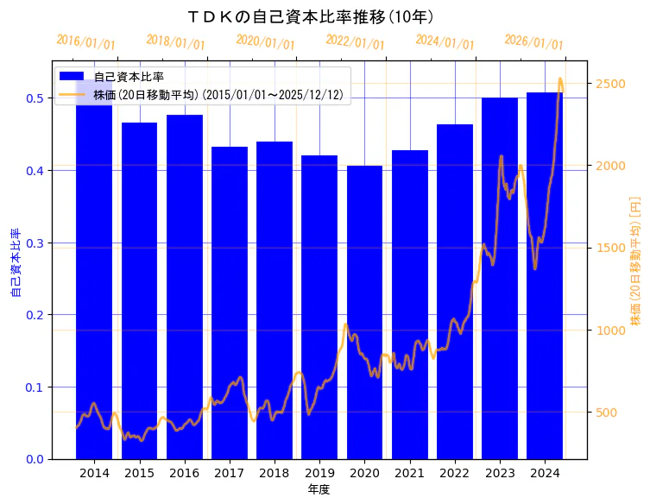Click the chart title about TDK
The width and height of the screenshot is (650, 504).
[311, 16]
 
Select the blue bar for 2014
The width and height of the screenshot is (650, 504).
[94, 276]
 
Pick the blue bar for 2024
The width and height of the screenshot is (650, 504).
[545, 276]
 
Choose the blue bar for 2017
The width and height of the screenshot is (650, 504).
[230, 302]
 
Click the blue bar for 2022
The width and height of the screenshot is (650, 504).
[455, 293]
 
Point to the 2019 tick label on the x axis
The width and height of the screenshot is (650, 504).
[319, 473]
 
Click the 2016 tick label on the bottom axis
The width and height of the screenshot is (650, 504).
[184, 473]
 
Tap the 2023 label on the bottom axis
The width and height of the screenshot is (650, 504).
[500, 473]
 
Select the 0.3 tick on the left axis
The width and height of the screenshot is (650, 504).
[35, 243]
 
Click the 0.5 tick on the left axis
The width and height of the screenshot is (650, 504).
[35, 98]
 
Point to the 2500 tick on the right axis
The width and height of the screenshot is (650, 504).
[609, 84]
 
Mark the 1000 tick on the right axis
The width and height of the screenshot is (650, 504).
[609, 331]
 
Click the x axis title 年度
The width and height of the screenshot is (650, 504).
[319, 489]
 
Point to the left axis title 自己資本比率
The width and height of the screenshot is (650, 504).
[15, 262]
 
